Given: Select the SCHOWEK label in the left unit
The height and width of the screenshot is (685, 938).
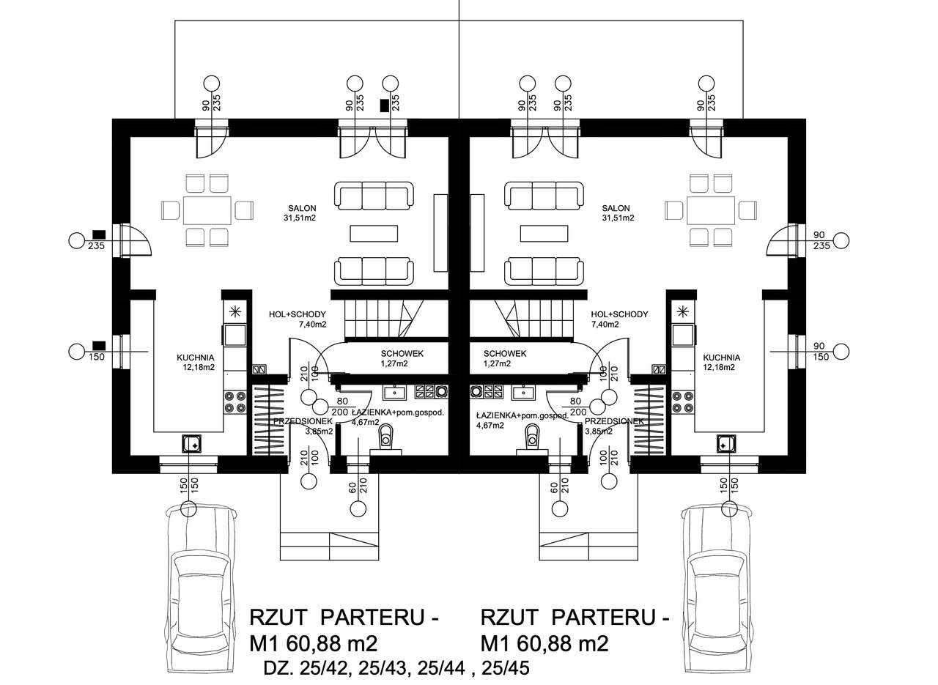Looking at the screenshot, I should pyautogui.click(x=402, y=353).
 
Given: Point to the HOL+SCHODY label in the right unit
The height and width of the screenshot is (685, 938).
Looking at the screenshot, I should pyautogui.click(x=619, y=314).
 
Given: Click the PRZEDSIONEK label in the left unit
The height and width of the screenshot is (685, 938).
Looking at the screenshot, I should pyautogui.click(x=303, y=422).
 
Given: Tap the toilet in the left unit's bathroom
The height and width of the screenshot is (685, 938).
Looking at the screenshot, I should pyautogui.click(x=385, y=438).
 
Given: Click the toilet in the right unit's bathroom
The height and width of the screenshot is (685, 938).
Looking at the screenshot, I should pyautogui.click(x=531, y=438).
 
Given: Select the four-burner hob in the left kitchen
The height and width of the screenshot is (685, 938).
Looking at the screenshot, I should pyautogui.click(x=235, y=401).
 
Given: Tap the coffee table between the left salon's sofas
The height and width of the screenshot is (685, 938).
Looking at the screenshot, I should pyautogui.click(x=374, y=234).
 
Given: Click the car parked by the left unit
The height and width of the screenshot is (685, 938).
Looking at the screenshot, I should pyautogui.click(x=202, y=586).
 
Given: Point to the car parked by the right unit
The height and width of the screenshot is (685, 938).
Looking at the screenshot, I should pyautogui.click(x=717, y=586).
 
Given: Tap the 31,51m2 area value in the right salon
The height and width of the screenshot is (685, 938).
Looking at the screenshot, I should pyautogui.click(x=618, y=218).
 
